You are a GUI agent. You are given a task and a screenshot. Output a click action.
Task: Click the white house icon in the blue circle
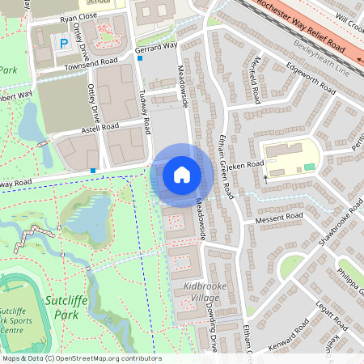[x=182, y=174]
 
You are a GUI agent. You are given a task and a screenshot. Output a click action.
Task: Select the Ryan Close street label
[x=78, y=15]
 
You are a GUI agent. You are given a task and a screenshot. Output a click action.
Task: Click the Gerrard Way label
[x=156, y=49]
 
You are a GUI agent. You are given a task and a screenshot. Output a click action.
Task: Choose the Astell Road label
[x=99, y=127]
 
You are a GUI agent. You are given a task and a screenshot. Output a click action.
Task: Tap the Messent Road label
[x=279, y=218]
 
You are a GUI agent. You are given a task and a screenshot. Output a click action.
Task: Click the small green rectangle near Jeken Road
[x=309, y=167]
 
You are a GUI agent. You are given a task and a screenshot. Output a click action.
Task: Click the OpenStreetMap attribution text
[x=81, y=358]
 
